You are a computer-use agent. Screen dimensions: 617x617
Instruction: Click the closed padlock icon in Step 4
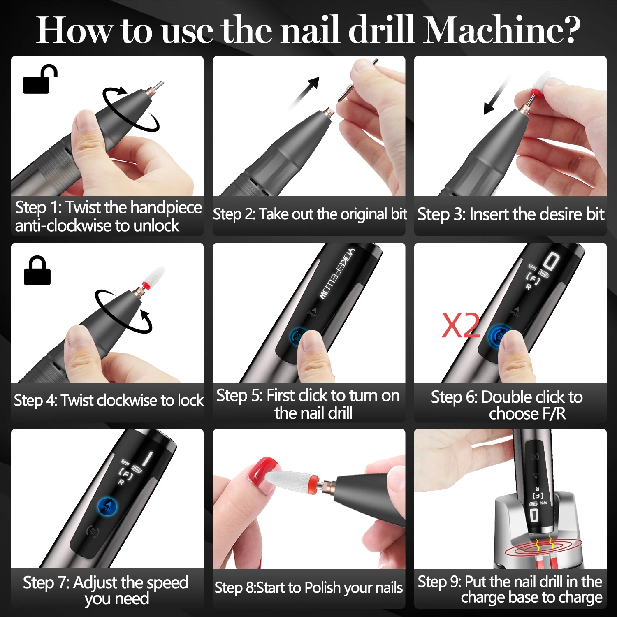(37, 271)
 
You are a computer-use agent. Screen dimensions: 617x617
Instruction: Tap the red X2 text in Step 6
(460, 325)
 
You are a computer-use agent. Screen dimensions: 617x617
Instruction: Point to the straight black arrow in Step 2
(304, 93)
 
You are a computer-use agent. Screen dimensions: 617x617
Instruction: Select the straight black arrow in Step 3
(498, 95)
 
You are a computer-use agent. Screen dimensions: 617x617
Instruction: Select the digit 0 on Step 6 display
(551, 261)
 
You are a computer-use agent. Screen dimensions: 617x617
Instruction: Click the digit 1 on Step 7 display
(147, 459)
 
